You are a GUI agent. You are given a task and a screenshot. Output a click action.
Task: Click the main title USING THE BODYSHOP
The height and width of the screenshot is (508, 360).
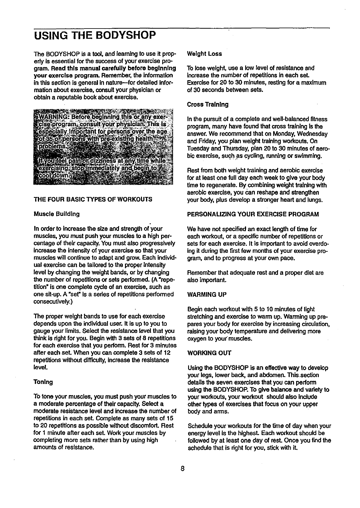coord(95,36)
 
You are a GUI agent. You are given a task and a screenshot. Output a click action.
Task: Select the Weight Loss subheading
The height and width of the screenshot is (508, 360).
coord(204,54)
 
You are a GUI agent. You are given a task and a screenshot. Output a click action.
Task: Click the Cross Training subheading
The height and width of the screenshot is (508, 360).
coord(208,104)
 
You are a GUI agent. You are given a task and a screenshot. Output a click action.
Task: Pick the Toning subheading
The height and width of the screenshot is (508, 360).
coord(44,382)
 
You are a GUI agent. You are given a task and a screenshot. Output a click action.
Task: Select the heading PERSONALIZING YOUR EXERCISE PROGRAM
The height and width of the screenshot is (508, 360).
coord(253,214)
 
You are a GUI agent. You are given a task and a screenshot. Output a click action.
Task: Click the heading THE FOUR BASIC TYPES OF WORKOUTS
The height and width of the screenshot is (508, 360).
coord(93,199)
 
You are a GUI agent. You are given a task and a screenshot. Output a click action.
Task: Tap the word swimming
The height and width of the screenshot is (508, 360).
coord(310,156)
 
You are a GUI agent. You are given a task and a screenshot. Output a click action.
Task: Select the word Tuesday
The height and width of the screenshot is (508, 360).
coord(197,149)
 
